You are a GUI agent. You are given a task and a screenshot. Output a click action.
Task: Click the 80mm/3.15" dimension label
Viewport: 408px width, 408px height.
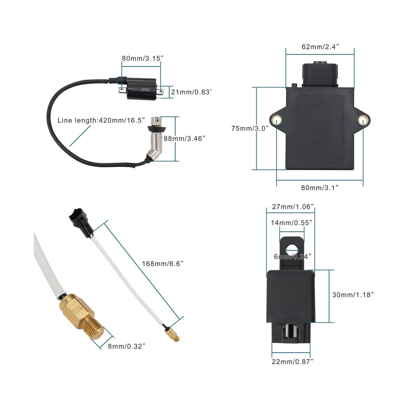click(x=142, y=59)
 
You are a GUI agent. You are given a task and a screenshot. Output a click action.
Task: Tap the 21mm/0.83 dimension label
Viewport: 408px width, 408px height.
click(x=191, y=92)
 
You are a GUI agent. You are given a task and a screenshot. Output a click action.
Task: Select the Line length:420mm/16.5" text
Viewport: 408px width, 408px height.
click(x=101, y=120)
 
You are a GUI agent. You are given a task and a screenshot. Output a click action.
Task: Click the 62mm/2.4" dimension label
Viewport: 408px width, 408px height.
click(x=320, y=47)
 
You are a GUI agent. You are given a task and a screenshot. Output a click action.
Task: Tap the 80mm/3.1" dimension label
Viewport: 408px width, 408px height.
click(x=320, y=187)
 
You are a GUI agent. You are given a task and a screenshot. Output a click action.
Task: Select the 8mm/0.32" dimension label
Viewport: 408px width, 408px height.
click(x=126, y=346)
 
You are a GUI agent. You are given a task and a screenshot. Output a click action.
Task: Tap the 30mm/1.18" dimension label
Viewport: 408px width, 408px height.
click(x=353, y=295)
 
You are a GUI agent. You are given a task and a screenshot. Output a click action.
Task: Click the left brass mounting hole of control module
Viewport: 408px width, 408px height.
click(x=277, y=119)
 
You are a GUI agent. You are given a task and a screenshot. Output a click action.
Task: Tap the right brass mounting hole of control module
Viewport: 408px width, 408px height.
click(x=363, y=120)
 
